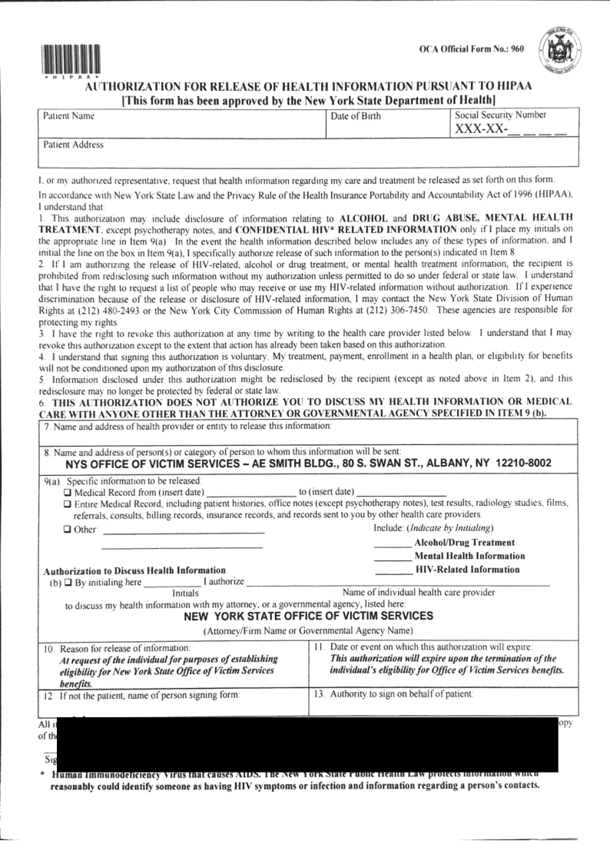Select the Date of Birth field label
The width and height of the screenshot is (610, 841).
tap(355, 116)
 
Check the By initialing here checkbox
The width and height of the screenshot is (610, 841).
tap(68, 582)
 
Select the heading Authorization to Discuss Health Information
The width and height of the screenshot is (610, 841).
tap(134, 570)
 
